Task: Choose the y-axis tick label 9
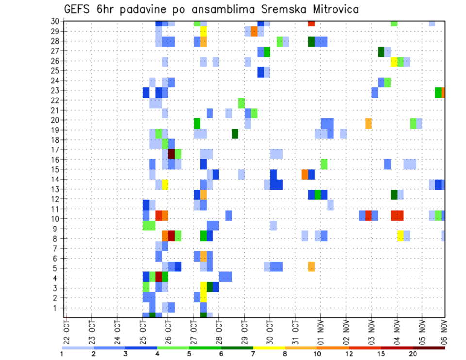pos(57,229)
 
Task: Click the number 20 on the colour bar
pos(413,354)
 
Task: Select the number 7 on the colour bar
pos(253,354)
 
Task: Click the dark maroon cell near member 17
pos(171,154)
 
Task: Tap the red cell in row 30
pos(311,23)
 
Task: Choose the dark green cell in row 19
pos(235,133)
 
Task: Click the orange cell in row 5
pos(311,266)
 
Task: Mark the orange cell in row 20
pos(368,123)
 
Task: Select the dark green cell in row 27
pos(381,51)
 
